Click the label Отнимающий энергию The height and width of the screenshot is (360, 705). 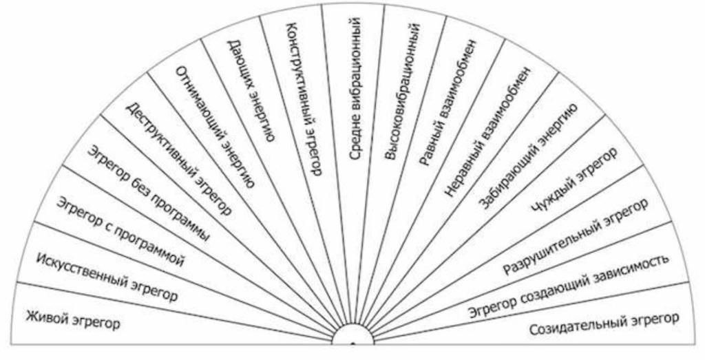coord(216,127)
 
